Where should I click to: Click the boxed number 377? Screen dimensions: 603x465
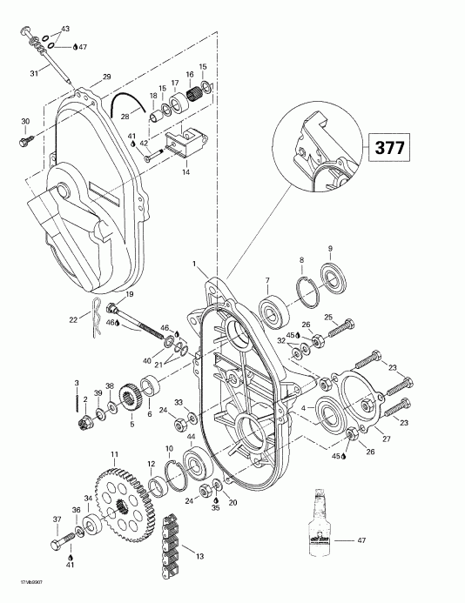[389, 147]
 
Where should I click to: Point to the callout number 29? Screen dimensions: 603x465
[106, 78]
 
